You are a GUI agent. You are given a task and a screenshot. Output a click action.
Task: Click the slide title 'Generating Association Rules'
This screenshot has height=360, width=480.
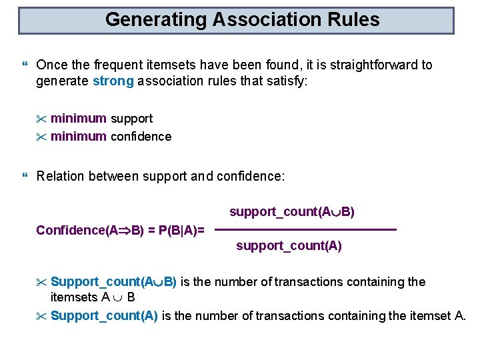(x=242, y=20)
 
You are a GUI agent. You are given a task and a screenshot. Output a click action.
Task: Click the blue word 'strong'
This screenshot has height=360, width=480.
(x=113, y=82)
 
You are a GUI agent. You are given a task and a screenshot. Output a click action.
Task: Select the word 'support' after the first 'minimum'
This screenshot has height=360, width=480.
(x=131, y=119)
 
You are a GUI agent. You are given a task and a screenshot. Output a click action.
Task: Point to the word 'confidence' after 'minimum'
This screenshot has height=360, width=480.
(x=141, y=137)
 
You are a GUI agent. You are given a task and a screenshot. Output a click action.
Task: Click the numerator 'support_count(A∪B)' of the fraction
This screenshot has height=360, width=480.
(x=292, y=212)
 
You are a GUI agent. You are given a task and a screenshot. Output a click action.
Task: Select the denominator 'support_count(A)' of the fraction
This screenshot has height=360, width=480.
(x=289, y=246)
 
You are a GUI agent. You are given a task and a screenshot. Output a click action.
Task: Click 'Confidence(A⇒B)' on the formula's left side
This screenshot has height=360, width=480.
(x=89, y=231)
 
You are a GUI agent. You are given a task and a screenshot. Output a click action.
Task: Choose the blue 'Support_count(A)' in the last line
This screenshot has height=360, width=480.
(x=104, y=315)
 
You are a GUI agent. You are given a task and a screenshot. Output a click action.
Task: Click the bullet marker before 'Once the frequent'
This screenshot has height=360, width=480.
(x=25, y=66)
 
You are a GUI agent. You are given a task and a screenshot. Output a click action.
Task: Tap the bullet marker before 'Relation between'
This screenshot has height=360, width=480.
(x=25, y=177)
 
